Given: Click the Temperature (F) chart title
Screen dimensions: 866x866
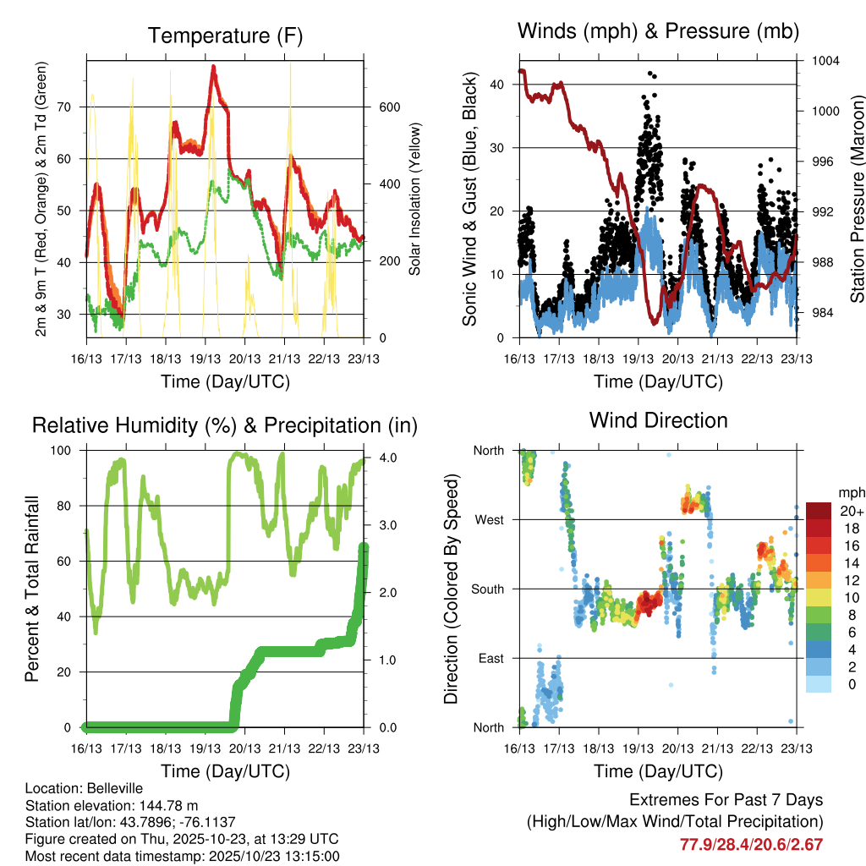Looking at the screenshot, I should (x=225, y=36).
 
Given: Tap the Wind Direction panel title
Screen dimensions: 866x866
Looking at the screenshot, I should (x=658, y=419).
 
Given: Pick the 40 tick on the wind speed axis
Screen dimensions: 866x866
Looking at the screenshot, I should (x=496, y=85).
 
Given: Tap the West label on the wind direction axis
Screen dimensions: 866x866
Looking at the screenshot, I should (x=489, y=520).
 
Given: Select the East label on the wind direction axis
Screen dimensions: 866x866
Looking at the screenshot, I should (x=491, y=658).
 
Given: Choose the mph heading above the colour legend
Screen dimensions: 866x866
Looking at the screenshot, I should (x=849, y=492).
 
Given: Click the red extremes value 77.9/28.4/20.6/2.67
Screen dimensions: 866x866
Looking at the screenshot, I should (x=751, y=844).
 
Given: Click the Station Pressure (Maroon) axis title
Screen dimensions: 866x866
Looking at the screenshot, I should (x=857, y=199).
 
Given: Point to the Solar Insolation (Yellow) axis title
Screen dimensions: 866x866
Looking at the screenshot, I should (x=415, y=199).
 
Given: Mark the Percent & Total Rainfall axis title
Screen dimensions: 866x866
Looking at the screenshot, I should (x=32, y=589).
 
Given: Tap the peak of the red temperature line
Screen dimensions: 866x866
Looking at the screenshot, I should (x=214, y=66).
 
